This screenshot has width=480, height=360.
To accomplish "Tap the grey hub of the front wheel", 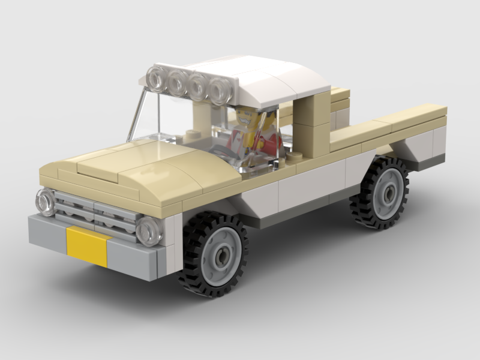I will [x=220, y=256].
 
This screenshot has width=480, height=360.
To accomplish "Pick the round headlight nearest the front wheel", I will [x=148, y=230].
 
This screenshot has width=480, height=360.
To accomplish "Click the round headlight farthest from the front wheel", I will [x=46, y=202].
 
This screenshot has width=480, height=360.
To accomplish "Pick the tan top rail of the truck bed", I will [x=390, y=123].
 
